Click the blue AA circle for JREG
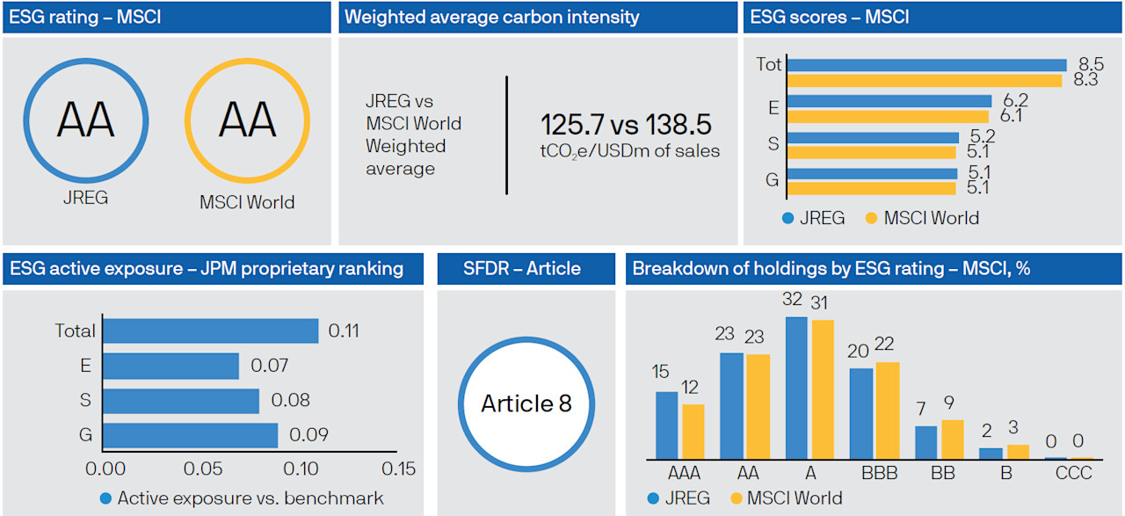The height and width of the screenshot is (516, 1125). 85,120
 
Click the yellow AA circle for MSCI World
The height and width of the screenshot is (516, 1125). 246,120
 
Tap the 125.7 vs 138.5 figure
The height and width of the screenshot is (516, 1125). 625,125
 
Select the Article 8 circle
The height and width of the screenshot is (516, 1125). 526,403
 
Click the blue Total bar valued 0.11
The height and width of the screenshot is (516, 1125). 210,331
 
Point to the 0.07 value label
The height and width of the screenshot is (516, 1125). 269,366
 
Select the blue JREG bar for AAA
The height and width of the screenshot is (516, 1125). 667,425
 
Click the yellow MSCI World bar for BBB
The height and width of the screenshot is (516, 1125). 888,411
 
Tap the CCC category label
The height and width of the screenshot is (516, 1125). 1073,474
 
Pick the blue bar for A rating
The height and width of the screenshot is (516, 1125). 796,388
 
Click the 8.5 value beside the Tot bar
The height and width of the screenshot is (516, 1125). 1085,64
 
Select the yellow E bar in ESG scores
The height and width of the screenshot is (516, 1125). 888,116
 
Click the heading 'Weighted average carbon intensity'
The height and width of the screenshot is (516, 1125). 491,17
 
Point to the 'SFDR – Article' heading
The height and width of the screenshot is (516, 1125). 522,269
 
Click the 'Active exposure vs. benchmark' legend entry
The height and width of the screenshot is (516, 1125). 250,498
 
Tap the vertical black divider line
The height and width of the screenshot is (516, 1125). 507,134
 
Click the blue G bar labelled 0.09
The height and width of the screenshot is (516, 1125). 190,435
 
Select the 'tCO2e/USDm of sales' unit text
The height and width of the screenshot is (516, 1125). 629,151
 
